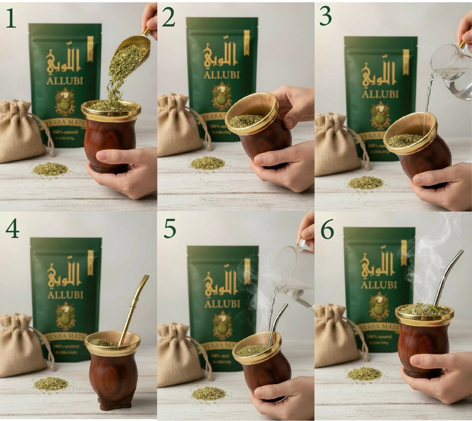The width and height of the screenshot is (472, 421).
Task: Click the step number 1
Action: (x=11, y=18)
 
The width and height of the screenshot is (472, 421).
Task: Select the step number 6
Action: (x=327, y=231)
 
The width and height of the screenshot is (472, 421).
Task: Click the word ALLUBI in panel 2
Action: (x=221, y=75)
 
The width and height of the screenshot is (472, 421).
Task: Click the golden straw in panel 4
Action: (x=134, y=309)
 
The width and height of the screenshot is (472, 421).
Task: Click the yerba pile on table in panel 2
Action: (x=208, y=163)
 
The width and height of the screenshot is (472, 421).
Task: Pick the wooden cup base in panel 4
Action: (x=115, y=403)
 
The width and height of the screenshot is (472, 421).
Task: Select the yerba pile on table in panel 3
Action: (x=366, y=182)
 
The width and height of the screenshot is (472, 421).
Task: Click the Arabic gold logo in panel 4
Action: (x=64, y=274)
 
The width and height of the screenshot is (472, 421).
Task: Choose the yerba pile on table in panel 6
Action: (x=364, y=373)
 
